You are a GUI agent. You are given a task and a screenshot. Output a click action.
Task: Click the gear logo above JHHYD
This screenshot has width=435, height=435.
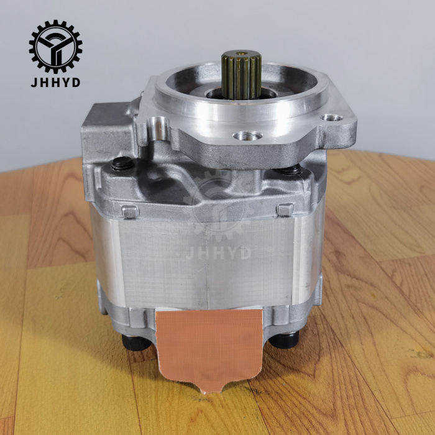(55, 47)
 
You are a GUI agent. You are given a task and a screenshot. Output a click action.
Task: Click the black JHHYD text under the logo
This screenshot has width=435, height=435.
(55, 83)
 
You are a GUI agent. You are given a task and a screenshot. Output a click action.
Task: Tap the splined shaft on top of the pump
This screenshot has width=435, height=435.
(241, 75)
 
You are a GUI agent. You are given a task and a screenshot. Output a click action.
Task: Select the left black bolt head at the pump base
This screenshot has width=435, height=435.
(136, 342)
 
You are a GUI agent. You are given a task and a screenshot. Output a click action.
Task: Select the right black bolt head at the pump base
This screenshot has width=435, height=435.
(284, 340)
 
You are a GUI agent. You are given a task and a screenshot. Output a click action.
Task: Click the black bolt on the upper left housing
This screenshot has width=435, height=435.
(122, 163)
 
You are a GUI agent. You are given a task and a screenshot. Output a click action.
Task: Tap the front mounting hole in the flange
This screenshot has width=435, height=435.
(247, 136)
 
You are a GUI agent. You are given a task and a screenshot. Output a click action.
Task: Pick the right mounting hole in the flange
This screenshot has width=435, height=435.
(331, 118)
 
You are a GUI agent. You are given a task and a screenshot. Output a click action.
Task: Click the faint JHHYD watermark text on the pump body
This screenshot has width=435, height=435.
(218, 253)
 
